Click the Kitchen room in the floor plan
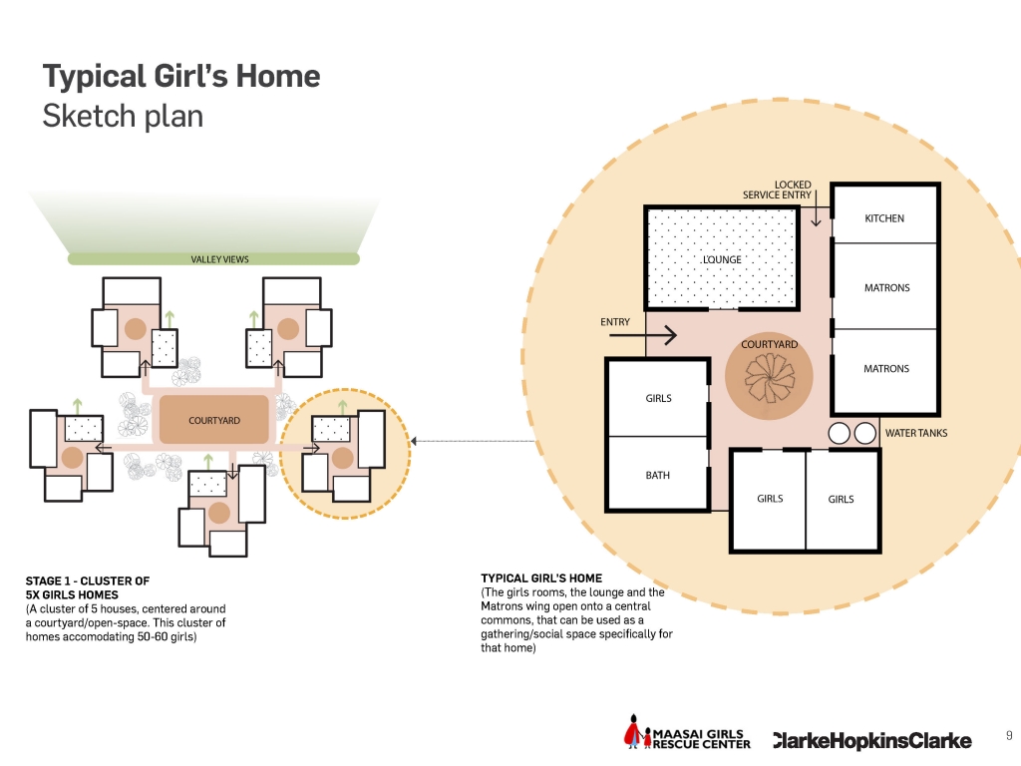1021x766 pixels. coord(885,214)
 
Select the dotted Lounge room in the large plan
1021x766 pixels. coord(722,258)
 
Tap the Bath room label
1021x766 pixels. coord(658,476)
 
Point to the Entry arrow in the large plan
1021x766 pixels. coord(643,335)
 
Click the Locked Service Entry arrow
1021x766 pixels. coord(816,208)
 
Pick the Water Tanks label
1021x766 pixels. coord(916,433)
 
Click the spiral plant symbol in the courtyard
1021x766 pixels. coord(770,378)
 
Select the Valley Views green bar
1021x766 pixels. coord(213,259)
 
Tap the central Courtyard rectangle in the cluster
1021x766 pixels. coord(214,420)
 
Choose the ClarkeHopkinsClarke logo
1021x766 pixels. coord(872,741)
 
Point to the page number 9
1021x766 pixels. coord(1009,735)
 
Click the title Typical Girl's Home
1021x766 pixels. coord(181,76)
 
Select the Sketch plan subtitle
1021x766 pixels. coord(123,117)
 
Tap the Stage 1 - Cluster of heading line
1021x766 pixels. coord(88,581)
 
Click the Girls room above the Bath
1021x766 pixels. coord(658,397)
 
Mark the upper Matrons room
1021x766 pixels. coord(885,286)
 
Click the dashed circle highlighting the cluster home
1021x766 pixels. coord(345,389)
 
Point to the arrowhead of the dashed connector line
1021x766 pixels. coord(414,442)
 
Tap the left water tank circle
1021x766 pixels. coord(840,433)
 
